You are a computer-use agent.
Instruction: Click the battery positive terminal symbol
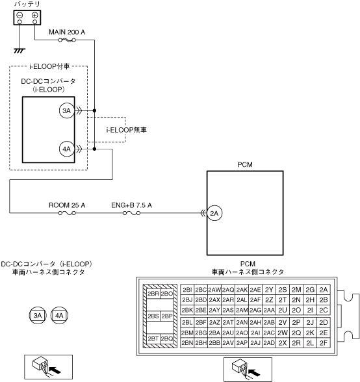coord(35,16)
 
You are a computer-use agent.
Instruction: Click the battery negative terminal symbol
coord(19,16)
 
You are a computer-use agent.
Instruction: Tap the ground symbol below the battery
coord(19,51)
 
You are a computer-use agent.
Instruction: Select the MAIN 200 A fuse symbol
coord(67,40)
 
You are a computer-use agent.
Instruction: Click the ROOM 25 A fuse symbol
coord(67,213)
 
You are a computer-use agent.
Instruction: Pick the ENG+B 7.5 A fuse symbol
coord(132,213)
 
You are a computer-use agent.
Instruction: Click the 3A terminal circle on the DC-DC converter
coord(66,111)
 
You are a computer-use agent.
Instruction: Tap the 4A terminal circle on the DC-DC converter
coord(66,149)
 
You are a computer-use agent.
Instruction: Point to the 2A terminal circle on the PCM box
coord(214,213)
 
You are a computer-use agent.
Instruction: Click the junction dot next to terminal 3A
coord(95,110)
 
